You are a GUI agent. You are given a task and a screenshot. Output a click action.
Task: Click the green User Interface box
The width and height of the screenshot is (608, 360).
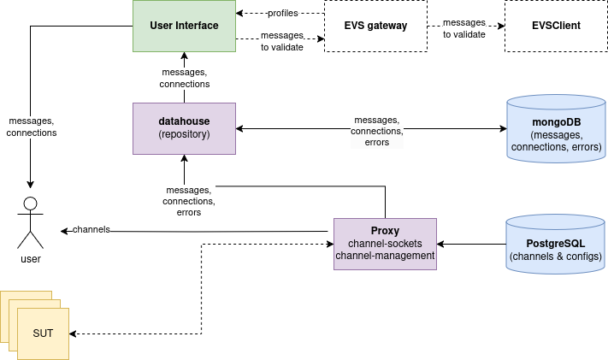click(184, 26)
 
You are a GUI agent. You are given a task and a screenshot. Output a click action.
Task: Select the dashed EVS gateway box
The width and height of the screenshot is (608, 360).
click(376, 27)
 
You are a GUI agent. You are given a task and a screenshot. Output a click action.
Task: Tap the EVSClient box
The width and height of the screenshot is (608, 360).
click(554, 27)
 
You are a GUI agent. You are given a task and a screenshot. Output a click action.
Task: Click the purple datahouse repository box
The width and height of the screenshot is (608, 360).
click(184, 128)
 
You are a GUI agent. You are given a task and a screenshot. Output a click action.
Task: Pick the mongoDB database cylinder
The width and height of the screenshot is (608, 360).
click(557, 129)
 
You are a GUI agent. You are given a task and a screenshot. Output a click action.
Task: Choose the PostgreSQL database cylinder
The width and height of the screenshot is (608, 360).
click(556, 245)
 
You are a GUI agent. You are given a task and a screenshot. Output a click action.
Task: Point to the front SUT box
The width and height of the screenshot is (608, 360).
click(43, 332)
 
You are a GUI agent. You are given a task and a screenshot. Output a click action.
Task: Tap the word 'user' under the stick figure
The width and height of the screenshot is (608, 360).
click(31, 258)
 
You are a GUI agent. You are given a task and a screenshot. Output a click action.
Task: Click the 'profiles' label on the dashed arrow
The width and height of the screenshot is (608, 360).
click(281, 14)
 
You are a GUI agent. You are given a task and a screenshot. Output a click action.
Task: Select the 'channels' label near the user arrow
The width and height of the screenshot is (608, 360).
click(91, 230)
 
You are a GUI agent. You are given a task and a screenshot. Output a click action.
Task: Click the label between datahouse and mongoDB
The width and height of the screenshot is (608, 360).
click(376, 131)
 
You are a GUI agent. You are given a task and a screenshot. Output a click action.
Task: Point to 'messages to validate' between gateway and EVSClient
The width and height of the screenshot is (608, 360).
click(464, 29)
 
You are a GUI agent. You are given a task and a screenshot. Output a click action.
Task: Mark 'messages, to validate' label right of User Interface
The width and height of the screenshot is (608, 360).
click(281, 41)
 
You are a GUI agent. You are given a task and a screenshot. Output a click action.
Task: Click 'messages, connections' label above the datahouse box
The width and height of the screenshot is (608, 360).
click(184, 79)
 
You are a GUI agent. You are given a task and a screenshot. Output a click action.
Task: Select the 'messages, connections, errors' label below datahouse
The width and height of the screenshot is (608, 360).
click(189, 200)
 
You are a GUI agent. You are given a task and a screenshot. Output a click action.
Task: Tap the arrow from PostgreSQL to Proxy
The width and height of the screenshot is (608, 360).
click(470, 245)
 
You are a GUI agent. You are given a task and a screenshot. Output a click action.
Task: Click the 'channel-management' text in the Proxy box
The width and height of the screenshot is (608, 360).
click(385, 256)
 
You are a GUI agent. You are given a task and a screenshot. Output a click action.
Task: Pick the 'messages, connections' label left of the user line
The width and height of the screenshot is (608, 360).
click(32, 127)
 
